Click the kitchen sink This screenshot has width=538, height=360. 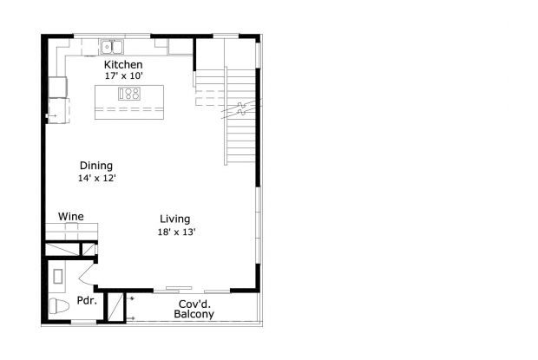[112, 46]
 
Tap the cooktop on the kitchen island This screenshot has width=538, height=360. [128, 95]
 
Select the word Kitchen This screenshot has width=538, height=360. [123, 65]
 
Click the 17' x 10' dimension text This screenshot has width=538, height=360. [123, 76]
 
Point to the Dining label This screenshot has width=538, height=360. [96, 166]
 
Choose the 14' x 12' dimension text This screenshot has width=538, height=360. [96, 178]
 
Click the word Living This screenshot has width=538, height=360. [174, 219]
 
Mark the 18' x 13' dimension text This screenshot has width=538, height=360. [176, 232]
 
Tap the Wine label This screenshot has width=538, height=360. [70, 216]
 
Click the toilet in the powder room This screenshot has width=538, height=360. [57, 306]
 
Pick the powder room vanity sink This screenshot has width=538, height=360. [57, 277]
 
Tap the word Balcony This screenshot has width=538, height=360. [194, 314]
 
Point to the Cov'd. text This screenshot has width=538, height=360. [195, 304]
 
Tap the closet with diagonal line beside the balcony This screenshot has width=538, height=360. [114, 306]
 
